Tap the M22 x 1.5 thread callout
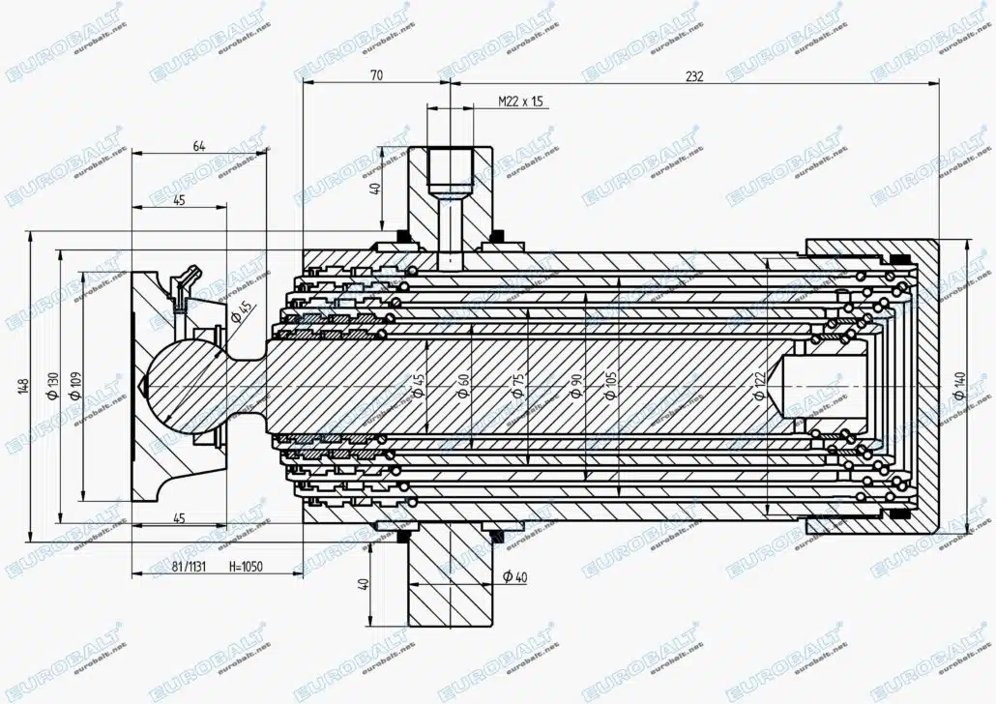pyautogui.click(x=521, y=101)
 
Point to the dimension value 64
pyautogui.click(x=198, y=145)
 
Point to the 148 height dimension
pyautogui.click(x=22, y=386)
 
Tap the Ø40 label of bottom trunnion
pyautogui.click(x=515, y=577)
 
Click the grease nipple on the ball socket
pyautogui.click(x=185, y=282)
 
